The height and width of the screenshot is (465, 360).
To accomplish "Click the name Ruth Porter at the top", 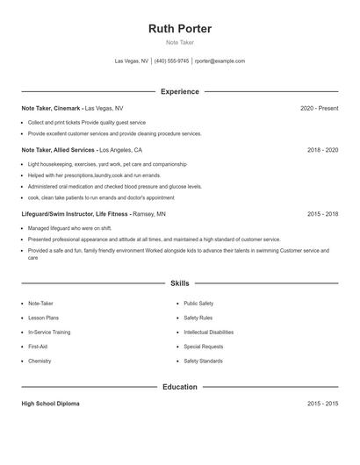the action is [x=180, y=28].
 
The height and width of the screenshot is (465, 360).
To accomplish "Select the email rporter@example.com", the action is [x=220, y=61].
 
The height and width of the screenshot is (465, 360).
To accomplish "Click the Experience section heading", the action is [x=180, y=91].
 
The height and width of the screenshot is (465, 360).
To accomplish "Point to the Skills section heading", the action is [x=180, y=283].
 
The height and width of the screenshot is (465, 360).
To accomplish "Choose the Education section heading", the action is [x=180, y=387].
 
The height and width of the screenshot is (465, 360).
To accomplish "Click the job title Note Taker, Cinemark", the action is [x=52, y=108].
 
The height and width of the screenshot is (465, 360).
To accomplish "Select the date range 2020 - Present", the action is [x=319, y=108].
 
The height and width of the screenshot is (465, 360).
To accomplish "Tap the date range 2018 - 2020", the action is [x=322, y=150].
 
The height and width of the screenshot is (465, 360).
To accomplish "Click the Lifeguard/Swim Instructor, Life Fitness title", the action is [x=76, y=213].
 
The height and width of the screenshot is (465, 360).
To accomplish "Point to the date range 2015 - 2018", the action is [x=322, y=213].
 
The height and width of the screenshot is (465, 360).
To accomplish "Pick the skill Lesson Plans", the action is [x=44, y=318].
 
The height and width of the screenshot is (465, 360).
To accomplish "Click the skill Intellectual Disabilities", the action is [x=208, y=333].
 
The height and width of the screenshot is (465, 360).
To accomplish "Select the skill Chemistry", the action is [x=40, y=361].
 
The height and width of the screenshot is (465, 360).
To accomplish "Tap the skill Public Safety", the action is [x=198, y=304].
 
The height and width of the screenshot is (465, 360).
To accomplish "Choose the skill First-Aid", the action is [x=39, y=347].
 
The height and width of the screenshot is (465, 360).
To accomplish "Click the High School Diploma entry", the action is [x=50, y=404].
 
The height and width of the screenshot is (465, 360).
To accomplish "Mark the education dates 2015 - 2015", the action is [x=322, y=404].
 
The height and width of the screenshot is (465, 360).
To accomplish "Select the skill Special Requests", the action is [x=204, y=347].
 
